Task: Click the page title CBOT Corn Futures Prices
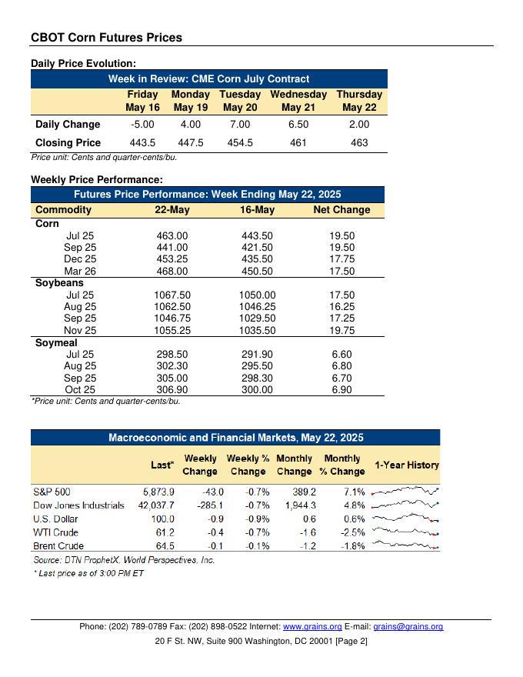pyautogui.click(x=106, y=37)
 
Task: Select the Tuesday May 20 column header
pyautogui.click(x=240, y=101)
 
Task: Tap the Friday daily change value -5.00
pyautogui.click(x=143, y=124)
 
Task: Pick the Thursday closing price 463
pyautogui.click(x=359, y=142)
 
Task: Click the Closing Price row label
pyautogui.click(x=68, y=142)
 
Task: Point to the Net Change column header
pyautogui.click(x=341, y=209)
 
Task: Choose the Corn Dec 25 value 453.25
pyautogui.click(x=172, y=259)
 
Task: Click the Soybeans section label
pyautogui.click(x=60, y=283)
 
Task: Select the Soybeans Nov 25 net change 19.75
pyautogui.click(x=341, y=330)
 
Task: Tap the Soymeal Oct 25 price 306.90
pyautogui.click(x=172, y=390)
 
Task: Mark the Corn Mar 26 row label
pyautogui.click(x=81, y=271)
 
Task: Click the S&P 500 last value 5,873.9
pyautogui.click(x=158, y=492)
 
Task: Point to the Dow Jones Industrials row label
pyautogui.click(x=78, y=505)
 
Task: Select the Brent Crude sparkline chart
pyautogui.click(x=405, y=545)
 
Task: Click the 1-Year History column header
pyautogui.click(x=406, y=465)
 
